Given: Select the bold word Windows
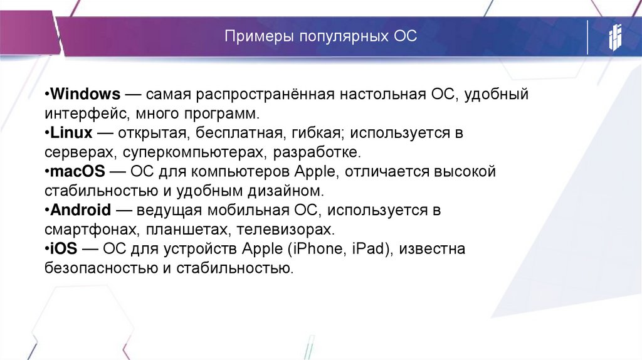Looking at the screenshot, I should (85, 95).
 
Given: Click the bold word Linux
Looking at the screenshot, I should (71, 133).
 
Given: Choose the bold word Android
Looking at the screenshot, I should (81, 209).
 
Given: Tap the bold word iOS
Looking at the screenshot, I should (64, 248).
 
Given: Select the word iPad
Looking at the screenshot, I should (369, 248).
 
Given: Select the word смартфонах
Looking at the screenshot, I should (86, 229).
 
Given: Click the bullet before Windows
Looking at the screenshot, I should (47, 95).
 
